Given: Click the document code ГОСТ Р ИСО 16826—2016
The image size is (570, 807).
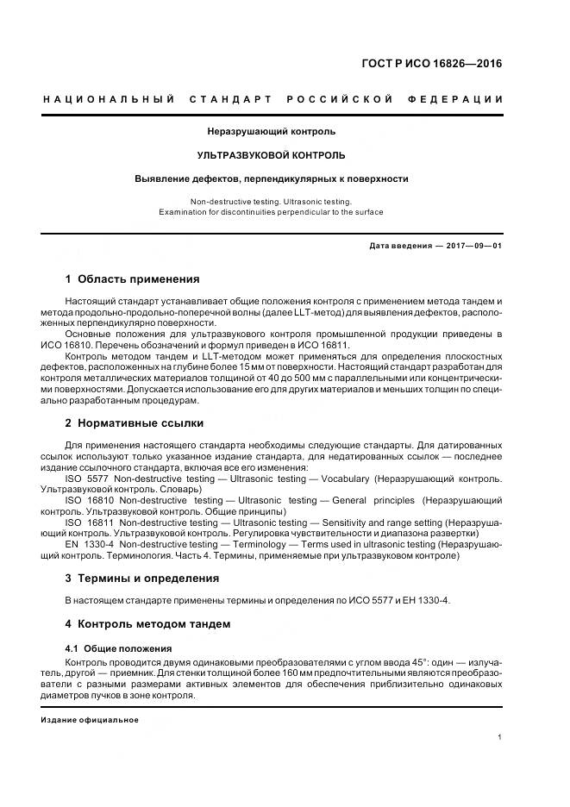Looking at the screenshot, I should (x=432, y=64).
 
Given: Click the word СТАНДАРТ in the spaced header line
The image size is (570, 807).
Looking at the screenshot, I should (x=232, y=99).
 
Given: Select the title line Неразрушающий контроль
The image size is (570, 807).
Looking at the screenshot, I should (x=271, y=132).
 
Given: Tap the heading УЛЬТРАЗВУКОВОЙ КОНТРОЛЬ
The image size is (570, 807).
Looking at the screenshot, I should (x=271, y=155).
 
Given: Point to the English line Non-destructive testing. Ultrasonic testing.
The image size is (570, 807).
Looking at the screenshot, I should (x=271, y=200).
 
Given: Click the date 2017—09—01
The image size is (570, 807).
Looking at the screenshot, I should (x=473, y=246).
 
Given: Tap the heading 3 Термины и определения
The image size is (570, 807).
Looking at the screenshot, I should (x=142, y=578).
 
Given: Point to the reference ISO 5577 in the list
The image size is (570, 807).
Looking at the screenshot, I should (x=85, y=478).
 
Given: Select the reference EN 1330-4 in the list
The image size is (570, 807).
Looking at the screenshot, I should (x=88, y=545).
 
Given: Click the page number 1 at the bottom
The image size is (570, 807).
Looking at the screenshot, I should (x=500, y=737).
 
